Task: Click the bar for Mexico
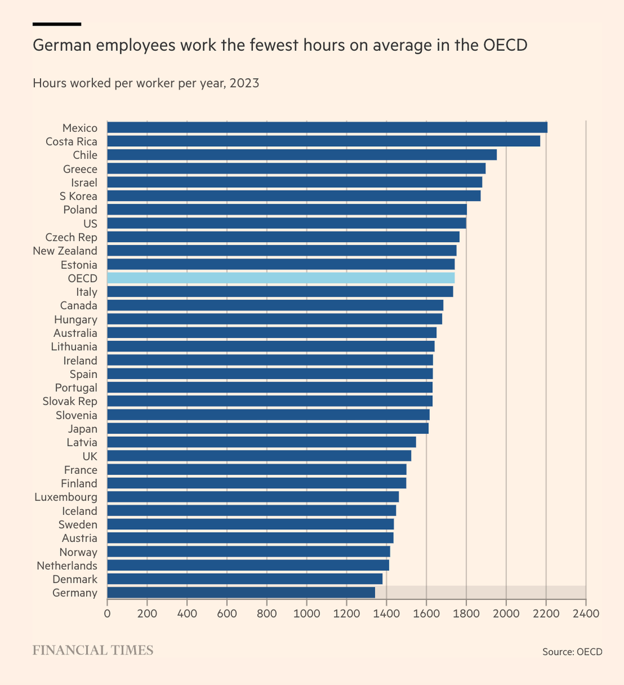tap(327, 127)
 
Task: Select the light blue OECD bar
tap(281, 278)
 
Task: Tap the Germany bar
tap(241, 593)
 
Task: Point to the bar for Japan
tap(268, 428)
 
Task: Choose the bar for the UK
tap(259, 456)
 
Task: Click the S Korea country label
tap(78, 196)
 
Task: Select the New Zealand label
tap(65, 251)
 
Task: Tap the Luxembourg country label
tap(66, 497)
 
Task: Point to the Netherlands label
tap(67, 566)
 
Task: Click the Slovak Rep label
tap(70, 401)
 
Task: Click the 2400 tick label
tap(586, 614)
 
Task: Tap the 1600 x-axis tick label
tap(426, 614)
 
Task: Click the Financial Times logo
tap(93, 650)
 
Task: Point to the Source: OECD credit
tap(572, 652)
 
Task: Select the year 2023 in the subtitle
tap(244, 83)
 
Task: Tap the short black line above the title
tap(57, 24)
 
